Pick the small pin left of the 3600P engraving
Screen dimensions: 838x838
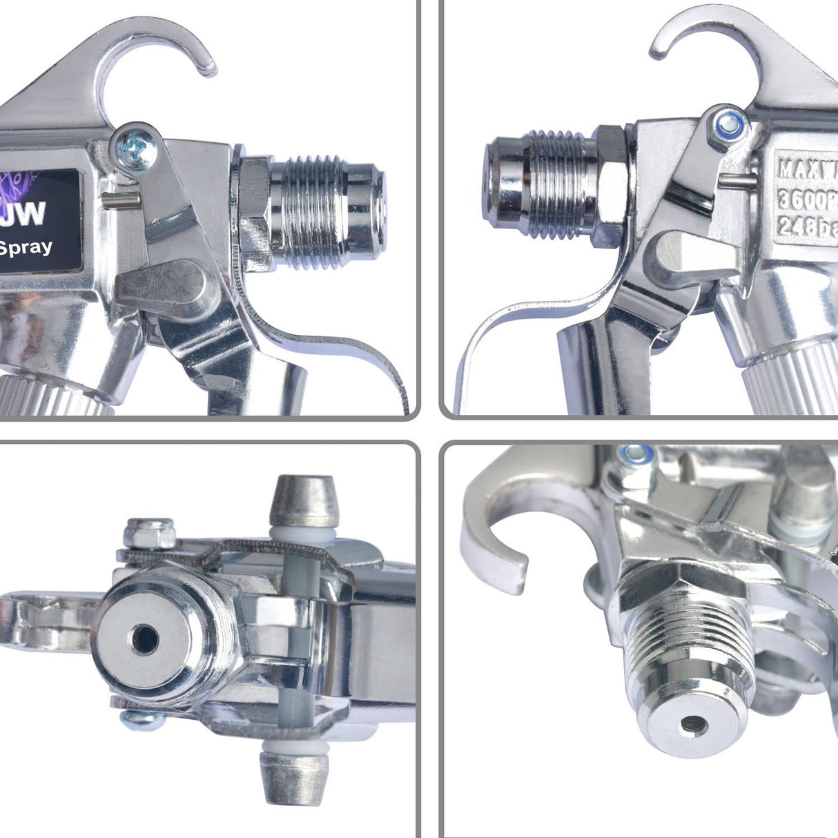pyautogui.click(x=734, y=180)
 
